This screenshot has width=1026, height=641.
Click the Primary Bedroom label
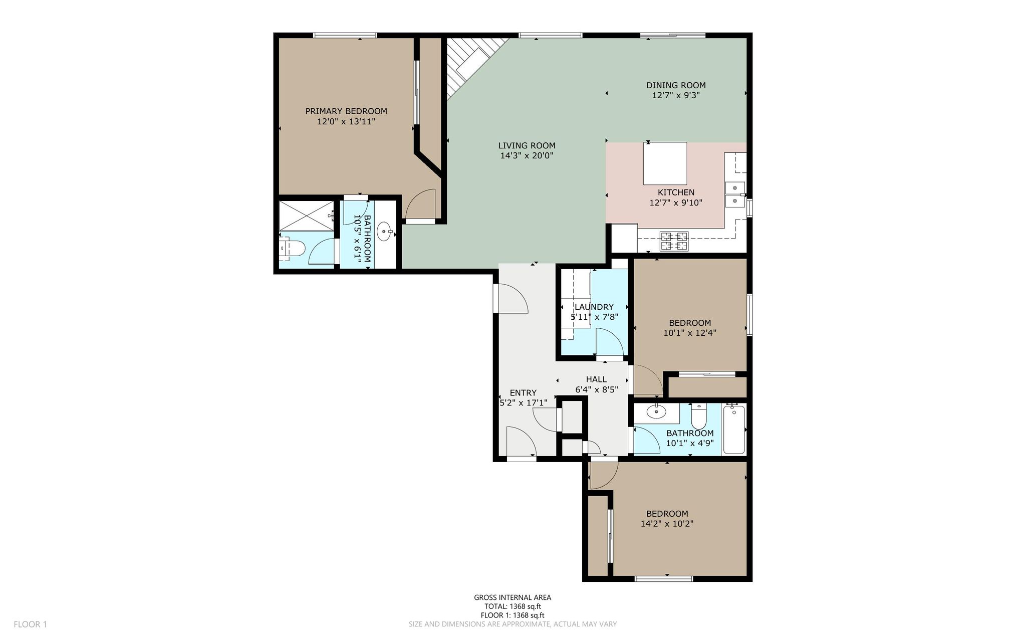pyautogui.click(x=346, y=111)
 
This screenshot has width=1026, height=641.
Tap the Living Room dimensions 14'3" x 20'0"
pyautogui.click(x=527, y=156)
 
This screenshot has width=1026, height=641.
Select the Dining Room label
pyautogui.click(x=676, y=85)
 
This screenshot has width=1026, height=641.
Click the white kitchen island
pyautogui.click(x=665, y=163)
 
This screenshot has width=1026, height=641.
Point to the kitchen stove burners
pyautogui.click(x=674, y=241)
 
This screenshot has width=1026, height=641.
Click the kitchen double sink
pyautogui.click(x=735, y=194)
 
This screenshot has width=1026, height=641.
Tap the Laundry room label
pyautogui.click(x=594, y=307)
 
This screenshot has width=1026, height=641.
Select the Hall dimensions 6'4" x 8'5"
pyautogui.click(x=596, y=389)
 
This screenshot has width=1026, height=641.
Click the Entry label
pyautogui.click(x=523, y=393)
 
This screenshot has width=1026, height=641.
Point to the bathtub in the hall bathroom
pyautogui.click(x=734, y=429)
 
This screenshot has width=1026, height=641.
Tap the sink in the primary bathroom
pyautogui.click(x=385, y=232)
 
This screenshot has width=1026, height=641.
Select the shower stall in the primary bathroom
pyautogui.click(x=306, y=216)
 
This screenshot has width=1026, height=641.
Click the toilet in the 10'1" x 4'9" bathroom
pyautogui.click(x=698, y=415)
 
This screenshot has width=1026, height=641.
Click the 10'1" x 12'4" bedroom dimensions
pyautogui.click(x=690, y=333)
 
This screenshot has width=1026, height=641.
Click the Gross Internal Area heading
pyautogui.click(x=512, y=597)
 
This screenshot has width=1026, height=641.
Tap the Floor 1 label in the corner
pyautogui.click(x=30, y=624)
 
